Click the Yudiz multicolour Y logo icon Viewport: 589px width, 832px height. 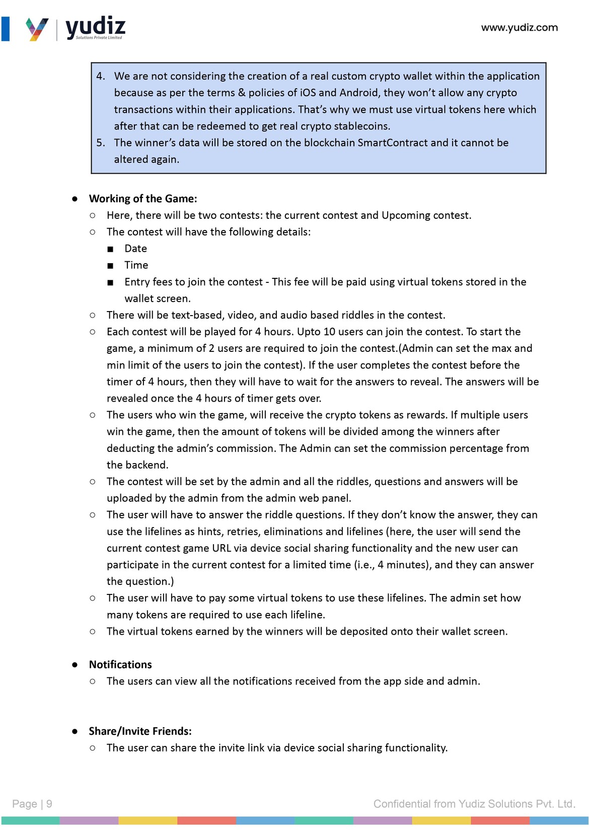[37, 29]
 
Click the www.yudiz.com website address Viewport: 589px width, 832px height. [519, 28]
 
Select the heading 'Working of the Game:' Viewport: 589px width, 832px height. [143, 199]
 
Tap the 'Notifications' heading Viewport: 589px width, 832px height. [120, 664]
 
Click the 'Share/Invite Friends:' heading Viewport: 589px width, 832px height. [140, 731]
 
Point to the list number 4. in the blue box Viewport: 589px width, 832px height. [101, 76]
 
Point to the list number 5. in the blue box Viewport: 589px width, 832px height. [101, 142]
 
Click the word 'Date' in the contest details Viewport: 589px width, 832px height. [136, 249]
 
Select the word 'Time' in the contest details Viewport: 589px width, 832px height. [136, 265]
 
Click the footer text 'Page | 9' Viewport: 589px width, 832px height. [32, 804]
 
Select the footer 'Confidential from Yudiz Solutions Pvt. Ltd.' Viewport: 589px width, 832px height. [474, 804]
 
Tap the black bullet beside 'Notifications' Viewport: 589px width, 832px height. [75, 665]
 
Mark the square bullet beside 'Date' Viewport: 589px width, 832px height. [110, 249]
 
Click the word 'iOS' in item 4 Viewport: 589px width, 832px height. [308, 93]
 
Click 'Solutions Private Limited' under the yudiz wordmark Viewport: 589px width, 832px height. [99, 38]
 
